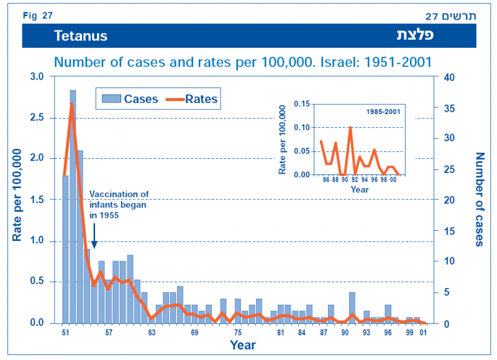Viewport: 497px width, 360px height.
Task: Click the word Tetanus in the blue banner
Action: coord(81,36)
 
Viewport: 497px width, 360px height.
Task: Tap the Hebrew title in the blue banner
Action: coord(415,35)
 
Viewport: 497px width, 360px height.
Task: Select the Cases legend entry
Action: coord(130,99)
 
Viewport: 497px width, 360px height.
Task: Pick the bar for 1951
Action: coord(65,248)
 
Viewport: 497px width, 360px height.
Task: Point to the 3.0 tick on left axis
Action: coord(38,76)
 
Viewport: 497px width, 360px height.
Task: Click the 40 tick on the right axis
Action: coord(450,76)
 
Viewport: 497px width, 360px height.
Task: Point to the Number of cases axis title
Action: coord(479,199)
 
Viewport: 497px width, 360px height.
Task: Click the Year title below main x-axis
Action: coord(243,344)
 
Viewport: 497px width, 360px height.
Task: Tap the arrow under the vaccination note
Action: coord(94,237)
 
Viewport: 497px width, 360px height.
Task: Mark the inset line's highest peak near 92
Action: coord(350,128)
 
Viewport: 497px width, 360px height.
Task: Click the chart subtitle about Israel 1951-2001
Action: coord(243,62)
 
